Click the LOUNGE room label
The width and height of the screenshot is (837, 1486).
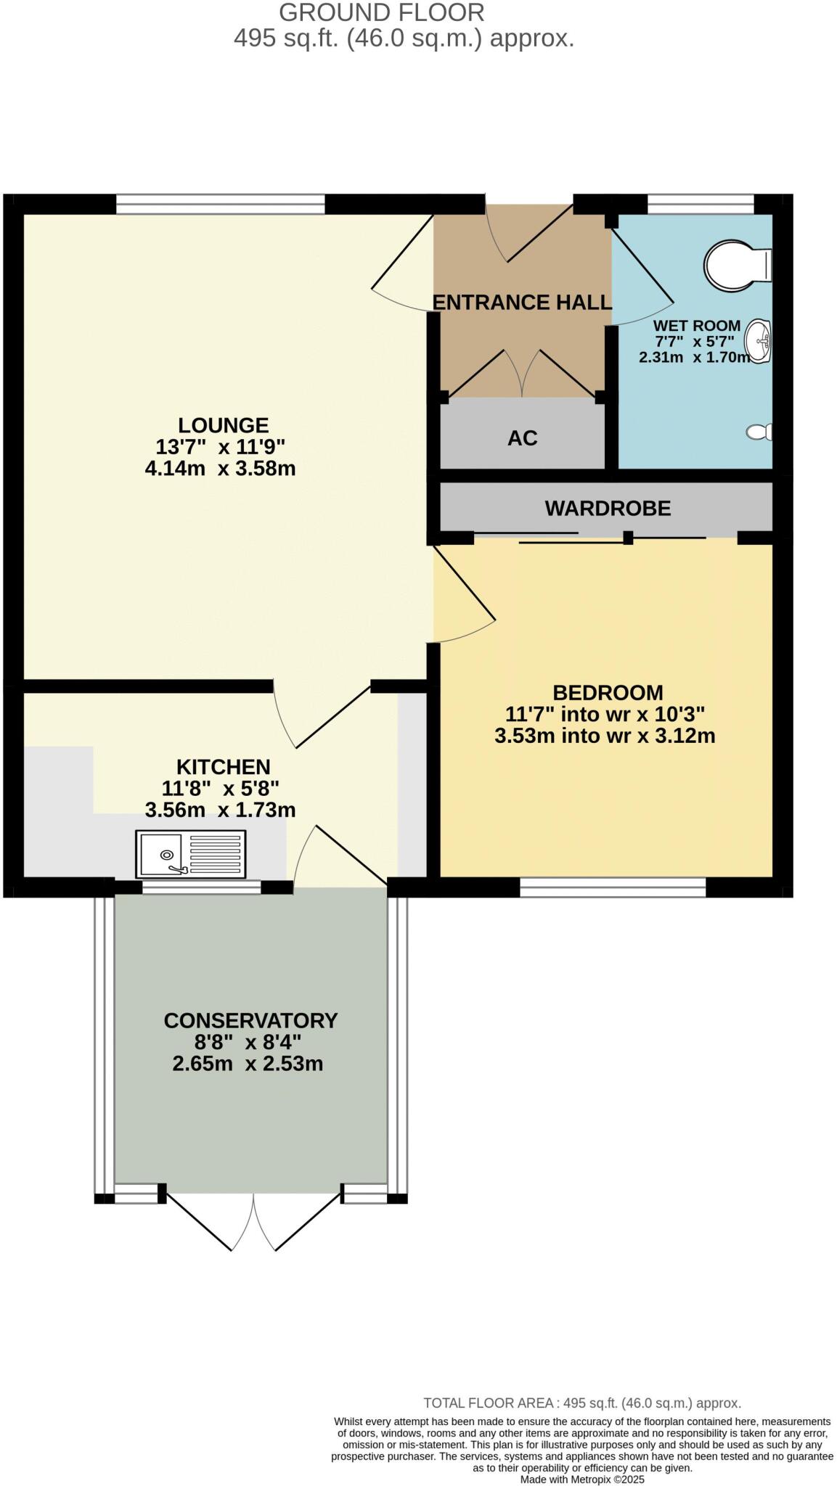(x=223, y=425)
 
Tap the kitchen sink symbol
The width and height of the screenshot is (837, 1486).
(x=190, y=855)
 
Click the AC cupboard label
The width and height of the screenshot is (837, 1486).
(x=522, y=438)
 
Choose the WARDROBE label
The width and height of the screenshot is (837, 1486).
(x=608, y=509)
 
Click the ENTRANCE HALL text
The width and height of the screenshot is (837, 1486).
(x=521, y=303)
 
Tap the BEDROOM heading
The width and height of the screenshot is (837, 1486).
(x=608, y=693)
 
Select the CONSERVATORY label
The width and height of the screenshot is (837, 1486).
(x=250, y=1021)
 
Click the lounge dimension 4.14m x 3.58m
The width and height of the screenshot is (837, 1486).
(x=220, y=469)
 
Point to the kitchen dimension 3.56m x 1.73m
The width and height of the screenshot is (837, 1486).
(x=220, y=810)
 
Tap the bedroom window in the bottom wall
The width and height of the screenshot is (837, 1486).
(x=613, y=887)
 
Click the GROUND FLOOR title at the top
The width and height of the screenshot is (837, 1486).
(x=381, y=12)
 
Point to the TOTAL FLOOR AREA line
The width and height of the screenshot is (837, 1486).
(x=581, y=1403)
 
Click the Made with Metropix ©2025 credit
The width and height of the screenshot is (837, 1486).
(x=581, y=1479)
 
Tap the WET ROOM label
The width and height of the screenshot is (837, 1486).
(x=696, y=326)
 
